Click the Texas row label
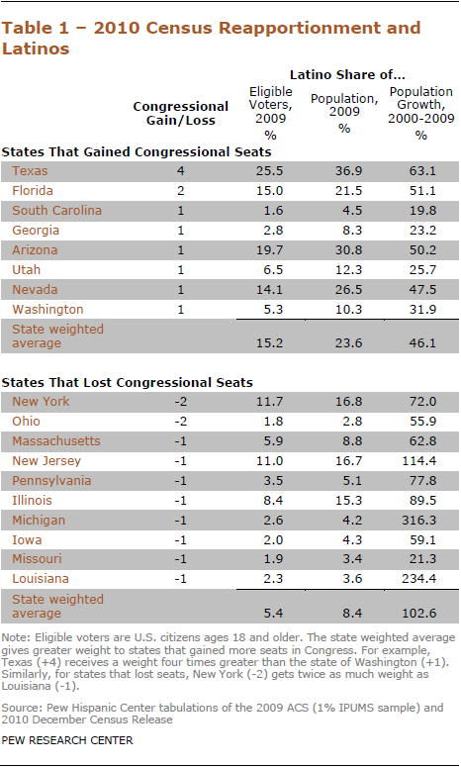click(x=30, y=171)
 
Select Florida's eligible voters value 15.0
click(x=269, y=191)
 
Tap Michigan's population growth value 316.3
click(x=419, y=520)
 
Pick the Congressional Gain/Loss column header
click(x=180, y=114)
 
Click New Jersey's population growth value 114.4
click(x=419, y=461)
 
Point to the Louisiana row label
click(x=41, y=579)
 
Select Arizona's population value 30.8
click(x=348, y=250)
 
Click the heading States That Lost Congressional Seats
click(x=127, y=383)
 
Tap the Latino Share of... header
click(x=347, y=75)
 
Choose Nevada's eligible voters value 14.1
click(x=269, y=290)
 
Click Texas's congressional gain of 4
click(x=181, y=171)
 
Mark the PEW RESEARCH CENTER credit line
click(x=67, y=740)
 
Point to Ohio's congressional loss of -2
click(x=180, y=422)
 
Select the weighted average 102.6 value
click(x=419, y=613)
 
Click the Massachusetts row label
click(x=56, y=440)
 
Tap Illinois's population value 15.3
click(x=348, y=501)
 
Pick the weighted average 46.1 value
click(x=422, y=342)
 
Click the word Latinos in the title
click(x=36, y=48)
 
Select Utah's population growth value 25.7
click(x=422, y=269)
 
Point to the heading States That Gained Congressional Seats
click(x=137, y=152)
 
